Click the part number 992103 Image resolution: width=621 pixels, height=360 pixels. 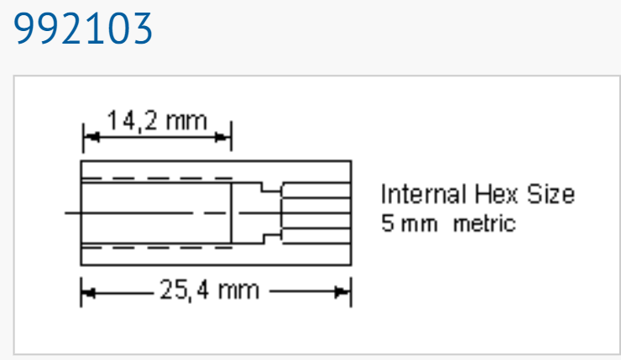click(83, 29)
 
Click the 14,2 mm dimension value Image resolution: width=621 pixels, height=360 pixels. click(157, 120)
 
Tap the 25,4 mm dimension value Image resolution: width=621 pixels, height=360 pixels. click(210, 290)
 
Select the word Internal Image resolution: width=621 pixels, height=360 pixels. click(423, 194)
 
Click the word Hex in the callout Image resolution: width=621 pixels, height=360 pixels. click(496, 194)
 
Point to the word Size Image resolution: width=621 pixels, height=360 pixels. click(551, 194)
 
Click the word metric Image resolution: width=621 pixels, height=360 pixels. click(484, 223)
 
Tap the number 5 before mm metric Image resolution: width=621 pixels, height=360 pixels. click(388, 223)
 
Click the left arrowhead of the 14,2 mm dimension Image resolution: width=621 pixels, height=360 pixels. click(91, 138)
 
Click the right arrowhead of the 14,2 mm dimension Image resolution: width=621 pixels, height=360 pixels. click(222, 138)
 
